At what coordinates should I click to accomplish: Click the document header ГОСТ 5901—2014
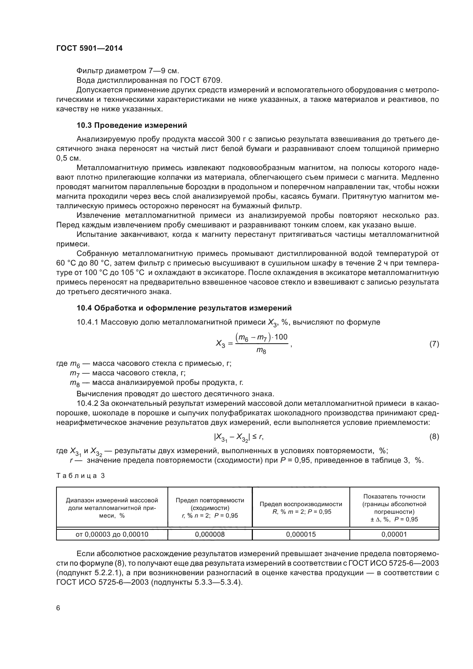click(x=89, y=48)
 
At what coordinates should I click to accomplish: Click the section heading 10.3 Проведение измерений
click(x=132, y=125)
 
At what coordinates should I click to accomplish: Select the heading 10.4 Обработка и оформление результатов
click(x=184, y=307)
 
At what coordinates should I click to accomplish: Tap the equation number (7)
click(x=434, y=344)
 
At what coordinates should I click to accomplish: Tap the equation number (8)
click(x=434, y=437)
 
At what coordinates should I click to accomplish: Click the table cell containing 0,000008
click(x=210, y=534)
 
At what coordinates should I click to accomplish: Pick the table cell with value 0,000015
click(x=301, y=534)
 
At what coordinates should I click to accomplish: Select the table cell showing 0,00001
click(x=394, y=534)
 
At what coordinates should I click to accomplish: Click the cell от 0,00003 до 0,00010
click(x=112, y=534)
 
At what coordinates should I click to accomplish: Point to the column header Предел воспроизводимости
click(x=301, y=504)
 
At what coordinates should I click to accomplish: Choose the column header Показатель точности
click(x=394, y=497)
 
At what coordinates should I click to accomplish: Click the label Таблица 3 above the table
click(x=80, y=476)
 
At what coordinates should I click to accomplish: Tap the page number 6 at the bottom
click(x=58, y=608)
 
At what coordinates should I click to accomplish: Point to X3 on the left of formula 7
click(x=220, y=344)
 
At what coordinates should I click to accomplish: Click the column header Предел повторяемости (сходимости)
click(x=210, y=504)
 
